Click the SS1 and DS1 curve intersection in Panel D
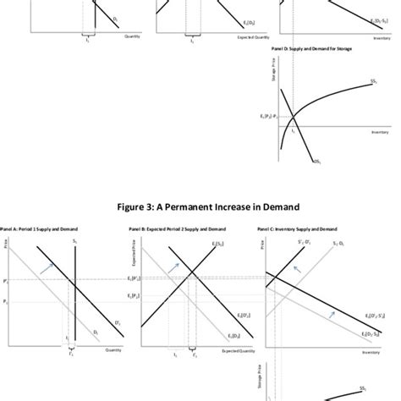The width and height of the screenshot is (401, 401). pos(292,118)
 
